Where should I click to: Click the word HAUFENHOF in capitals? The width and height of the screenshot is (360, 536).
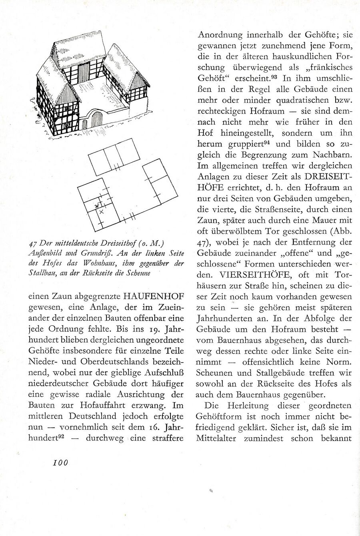[x=153, y=297]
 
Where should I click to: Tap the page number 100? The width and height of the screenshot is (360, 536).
[x=60, y=462]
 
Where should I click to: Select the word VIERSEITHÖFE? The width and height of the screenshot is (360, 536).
[x=247, y=275]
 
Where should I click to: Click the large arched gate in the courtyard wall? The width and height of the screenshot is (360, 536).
[x=97, y=120]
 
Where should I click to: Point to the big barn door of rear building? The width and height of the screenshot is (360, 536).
[x=84, y=73]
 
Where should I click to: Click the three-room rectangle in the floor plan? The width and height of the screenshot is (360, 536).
[x=114, y=156]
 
